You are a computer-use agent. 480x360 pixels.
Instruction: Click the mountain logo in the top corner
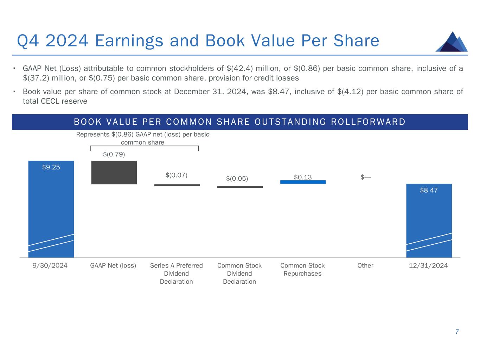[x=452, y=42]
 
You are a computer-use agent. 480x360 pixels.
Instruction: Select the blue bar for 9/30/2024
[x=51, y=209]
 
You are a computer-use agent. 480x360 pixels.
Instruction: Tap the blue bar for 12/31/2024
[x=429, y=220]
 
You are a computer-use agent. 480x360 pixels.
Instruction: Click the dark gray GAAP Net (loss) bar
[x=114, y=173]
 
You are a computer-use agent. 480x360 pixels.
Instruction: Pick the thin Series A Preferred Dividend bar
[x=177, y=185]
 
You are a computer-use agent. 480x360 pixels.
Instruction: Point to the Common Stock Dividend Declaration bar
[x=240, y=187]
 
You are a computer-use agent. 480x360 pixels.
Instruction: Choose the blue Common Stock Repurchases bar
[x=303, y=182]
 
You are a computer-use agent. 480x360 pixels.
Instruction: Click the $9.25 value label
[x=51, y=167]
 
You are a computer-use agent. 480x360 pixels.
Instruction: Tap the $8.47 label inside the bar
[x=429, y=190]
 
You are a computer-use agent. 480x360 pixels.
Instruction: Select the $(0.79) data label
[x=114, y=154]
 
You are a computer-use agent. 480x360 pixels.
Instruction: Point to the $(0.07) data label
[x=177, y=175]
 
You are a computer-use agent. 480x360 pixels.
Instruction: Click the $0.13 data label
[x=303, y=177]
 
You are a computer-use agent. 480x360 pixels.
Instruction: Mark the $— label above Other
[x=366, y=177]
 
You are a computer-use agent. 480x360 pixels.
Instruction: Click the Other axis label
[x=365, y=265]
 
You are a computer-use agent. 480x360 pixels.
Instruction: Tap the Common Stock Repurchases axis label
[x=302, y=270]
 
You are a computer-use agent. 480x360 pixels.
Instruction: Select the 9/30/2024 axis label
[x=50, y=265]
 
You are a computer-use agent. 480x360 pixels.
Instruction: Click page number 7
[x=457, y=332]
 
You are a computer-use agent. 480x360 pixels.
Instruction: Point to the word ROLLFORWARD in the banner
[x=368, y=122]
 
